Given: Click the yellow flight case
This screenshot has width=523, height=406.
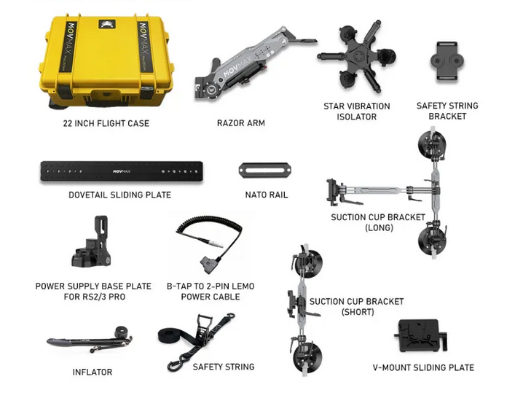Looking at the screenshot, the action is tap(106, 60).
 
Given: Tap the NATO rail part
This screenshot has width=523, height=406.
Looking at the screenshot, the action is tap(265, 171).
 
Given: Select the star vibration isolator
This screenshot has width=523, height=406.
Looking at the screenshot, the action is tap(356, 57).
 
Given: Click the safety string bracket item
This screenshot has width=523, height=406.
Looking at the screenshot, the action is tap(447, 61).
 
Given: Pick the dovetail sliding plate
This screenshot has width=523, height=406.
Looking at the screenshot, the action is tap(122, 171).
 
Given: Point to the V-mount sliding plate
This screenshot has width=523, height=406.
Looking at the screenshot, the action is tap(422, 335).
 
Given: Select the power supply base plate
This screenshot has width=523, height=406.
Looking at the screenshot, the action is tap(91, 242).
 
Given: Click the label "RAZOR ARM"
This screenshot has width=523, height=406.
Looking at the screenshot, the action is tap(241, 123).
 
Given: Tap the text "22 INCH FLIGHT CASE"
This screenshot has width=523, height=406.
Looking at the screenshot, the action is tap(106, 123).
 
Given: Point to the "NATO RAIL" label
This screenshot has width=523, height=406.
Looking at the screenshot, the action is tap(267, 195).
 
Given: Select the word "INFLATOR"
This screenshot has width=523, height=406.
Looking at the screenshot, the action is tap(93, 372).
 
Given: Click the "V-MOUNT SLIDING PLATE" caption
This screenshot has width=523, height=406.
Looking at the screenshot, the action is tap(423, 368).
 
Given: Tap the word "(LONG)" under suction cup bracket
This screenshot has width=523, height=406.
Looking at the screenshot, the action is tap(379, 228).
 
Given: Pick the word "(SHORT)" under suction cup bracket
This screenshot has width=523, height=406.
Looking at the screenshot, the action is tap(358, 312).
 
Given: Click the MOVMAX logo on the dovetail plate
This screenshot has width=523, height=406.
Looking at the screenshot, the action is tap(122, 171).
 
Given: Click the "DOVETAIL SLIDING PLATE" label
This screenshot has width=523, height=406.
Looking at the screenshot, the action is tap(119, 195).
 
